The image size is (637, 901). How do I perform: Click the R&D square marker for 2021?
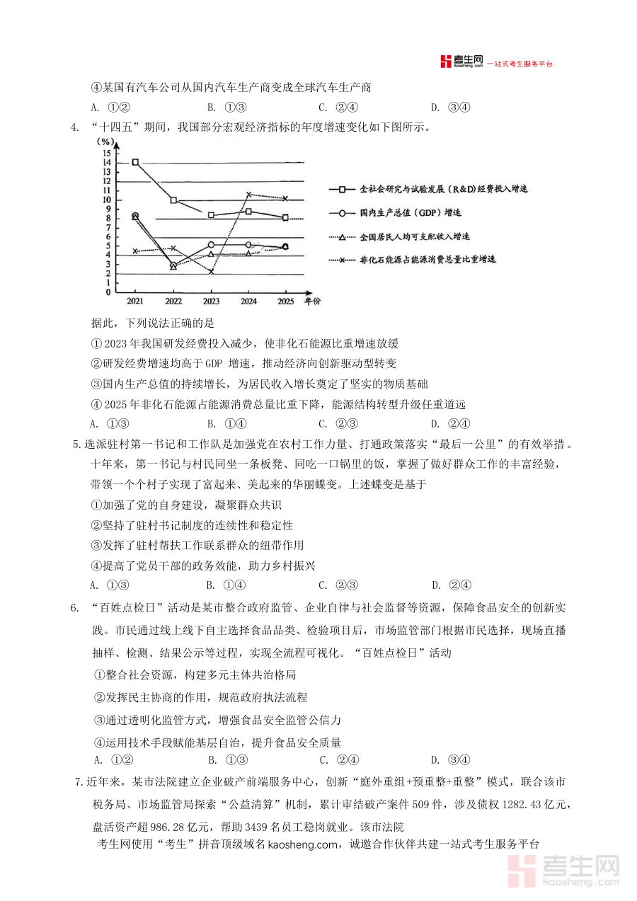pos(135,162)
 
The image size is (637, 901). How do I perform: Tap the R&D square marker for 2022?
pos(173,200)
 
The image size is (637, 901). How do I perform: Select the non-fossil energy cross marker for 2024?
pos(248,194)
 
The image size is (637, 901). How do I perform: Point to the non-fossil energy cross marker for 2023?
pos(211,271)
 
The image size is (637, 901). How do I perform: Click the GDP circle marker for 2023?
pos(211,244)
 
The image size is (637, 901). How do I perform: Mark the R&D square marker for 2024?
pos(248,212)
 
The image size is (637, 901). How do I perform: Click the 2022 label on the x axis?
pos(173,302)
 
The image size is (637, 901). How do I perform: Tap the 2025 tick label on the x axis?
pos(285,302)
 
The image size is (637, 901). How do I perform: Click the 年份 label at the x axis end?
pos(312,302)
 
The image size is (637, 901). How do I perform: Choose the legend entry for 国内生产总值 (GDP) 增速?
pos(411,212)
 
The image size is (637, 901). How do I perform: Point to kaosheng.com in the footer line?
pos(305,844)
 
